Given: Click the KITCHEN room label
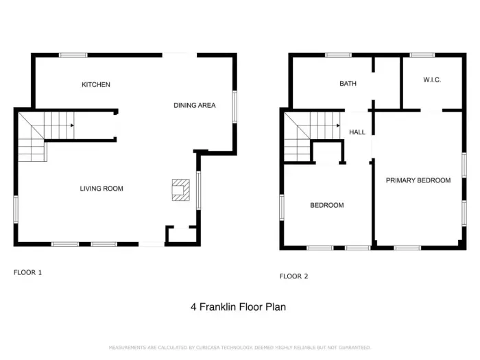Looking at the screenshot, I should (x=95, y=85).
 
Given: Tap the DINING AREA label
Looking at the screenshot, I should (x=194, y=106).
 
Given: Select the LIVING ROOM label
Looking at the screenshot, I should (x=101, y=189).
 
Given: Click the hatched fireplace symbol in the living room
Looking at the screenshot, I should (x=180, y=190).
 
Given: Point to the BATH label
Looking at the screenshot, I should (x=348, y=84).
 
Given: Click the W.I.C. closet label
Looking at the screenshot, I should (x=431, y=80).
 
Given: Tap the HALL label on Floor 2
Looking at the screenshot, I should (x=357, y=132).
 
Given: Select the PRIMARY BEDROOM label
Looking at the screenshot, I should (x=418, y=180).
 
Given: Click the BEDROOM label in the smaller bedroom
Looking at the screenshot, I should (x=326, y=205).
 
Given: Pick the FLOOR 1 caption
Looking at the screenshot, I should (x=27, y=272).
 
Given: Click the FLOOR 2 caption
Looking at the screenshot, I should (x=293, y=276).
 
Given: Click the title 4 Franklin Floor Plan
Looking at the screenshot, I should (x=238, y=307).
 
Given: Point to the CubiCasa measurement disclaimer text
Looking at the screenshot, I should (x=239, y=348).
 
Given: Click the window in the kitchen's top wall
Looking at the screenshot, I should (x=73, y=55).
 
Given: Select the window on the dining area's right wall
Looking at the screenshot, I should (x=235, y=107).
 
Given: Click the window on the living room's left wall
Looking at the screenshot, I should (x=15, y=208).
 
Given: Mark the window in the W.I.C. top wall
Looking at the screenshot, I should (x=422, y=55).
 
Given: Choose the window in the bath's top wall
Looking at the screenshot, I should (x=338, y=55).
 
